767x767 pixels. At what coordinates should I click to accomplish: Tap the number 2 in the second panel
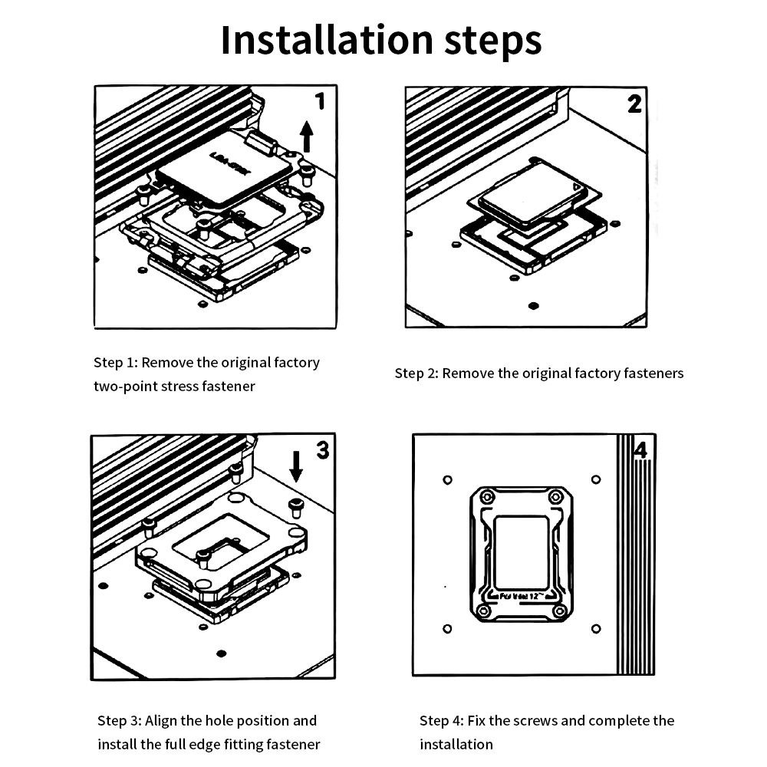(x=634, y=104)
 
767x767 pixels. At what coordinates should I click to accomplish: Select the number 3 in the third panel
(x=322, y=450)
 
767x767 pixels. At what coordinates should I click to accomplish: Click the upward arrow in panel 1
(x=307, y=136)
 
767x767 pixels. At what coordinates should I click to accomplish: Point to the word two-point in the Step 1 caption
(x=125, y=386)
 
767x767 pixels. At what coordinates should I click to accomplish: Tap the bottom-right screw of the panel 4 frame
(x=560, y=611)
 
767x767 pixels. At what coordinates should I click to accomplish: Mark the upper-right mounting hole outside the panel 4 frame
(x=596, y=480)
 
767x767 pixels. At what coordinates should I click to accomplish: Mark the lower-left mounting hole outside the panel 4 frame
(x=448, y=629)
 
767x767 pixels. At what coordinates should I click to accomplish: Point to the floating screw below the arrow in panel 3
(x=295, y=505)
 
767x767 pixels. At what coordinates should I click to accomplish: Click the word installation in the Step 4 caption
(x=456, y=744)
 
